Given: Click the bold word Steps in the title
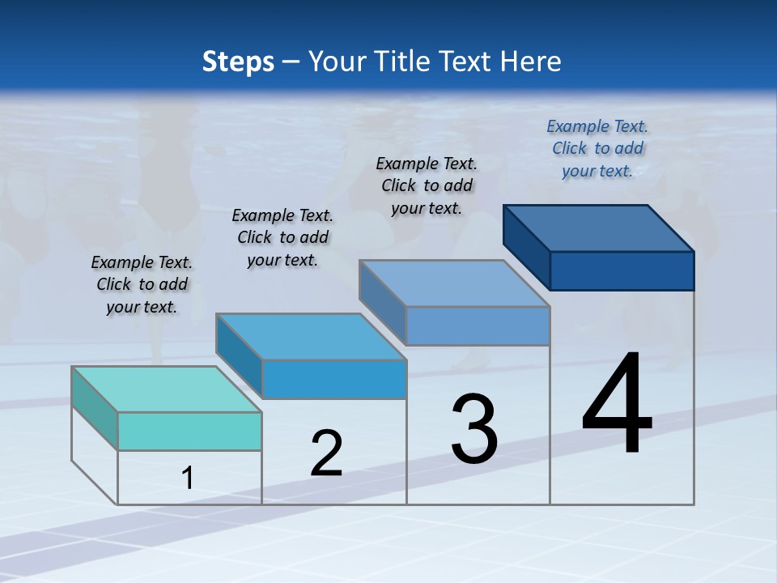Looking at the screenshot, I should point(238,62).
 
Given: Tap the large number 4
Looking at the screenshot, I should point(617,405).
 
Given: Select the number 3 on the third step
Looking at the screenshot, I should point(474,429).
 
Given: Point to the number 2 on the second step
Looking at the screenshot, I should point(326,453).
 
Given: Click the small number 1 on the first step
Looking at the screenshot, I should point(188,479).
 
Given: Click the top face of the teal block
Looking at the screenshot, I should point(167,389).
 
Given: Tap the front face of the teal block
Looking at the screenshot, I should point(189,431).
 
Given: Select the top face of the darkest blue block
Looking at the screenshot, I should point(599,228).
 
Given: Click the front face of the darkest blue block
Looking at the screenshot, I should point(622,270).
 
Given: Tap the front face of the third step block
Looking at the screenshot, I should point(478,326).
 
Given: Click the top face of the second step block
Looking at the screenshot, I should point(311,337).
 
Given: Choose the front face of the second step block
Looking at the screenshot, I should point(333,379).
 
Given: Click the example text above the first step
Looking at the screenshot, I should point(142,284).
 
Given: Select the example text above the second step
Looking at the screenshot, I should point(282,237).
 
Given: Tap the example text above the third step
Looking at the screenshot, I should point(427,185).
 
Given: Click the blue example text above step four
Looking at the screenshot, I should point(597,148).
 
